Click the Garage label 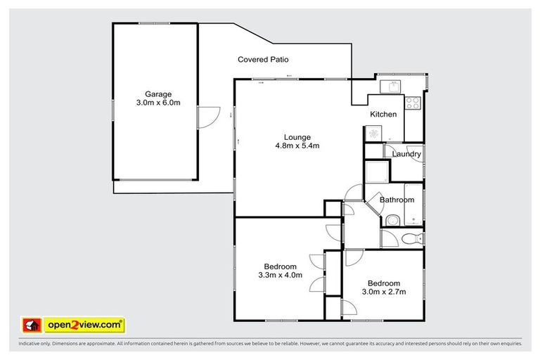[158, 94]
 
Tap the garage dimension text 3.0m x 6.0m [158, 103]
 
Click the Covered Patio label [263, 60]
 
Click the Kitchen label [383, 114]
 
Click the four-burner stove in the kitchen [412, 103]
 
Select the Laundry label [406, 154]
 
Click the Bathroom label [396, 200]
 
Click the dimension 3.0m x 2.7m [382, 291]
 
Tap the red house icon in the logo [31, 325]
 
